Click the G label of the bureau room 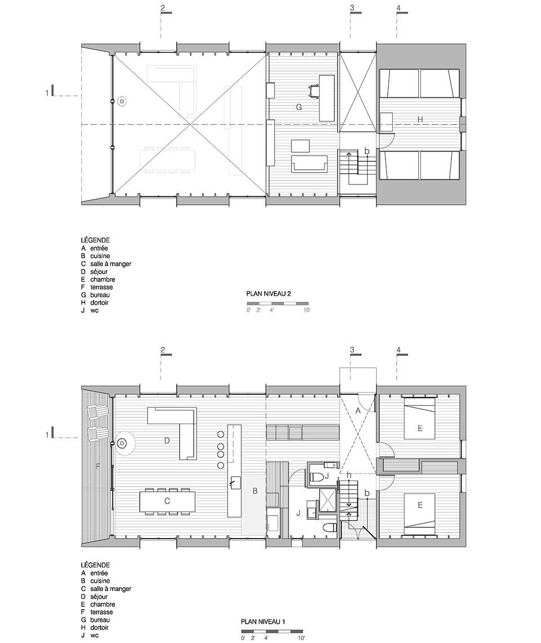299,107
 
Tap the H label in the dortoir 420,120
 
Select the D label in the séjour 167,441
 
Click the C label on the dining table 167,501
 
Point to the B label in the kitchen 255,491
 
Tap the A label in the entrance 358,411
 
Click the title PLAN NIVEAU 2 268,294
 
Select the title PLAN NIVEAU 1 263,622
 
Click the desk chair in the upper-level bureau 314,90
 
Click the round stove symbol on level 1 122,443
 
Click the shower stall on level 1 327,501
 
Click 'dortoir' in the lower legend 99,627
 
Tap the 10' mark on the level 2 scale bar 307,310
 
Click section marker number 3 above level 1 352,350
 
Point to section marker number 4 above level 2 398,8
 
